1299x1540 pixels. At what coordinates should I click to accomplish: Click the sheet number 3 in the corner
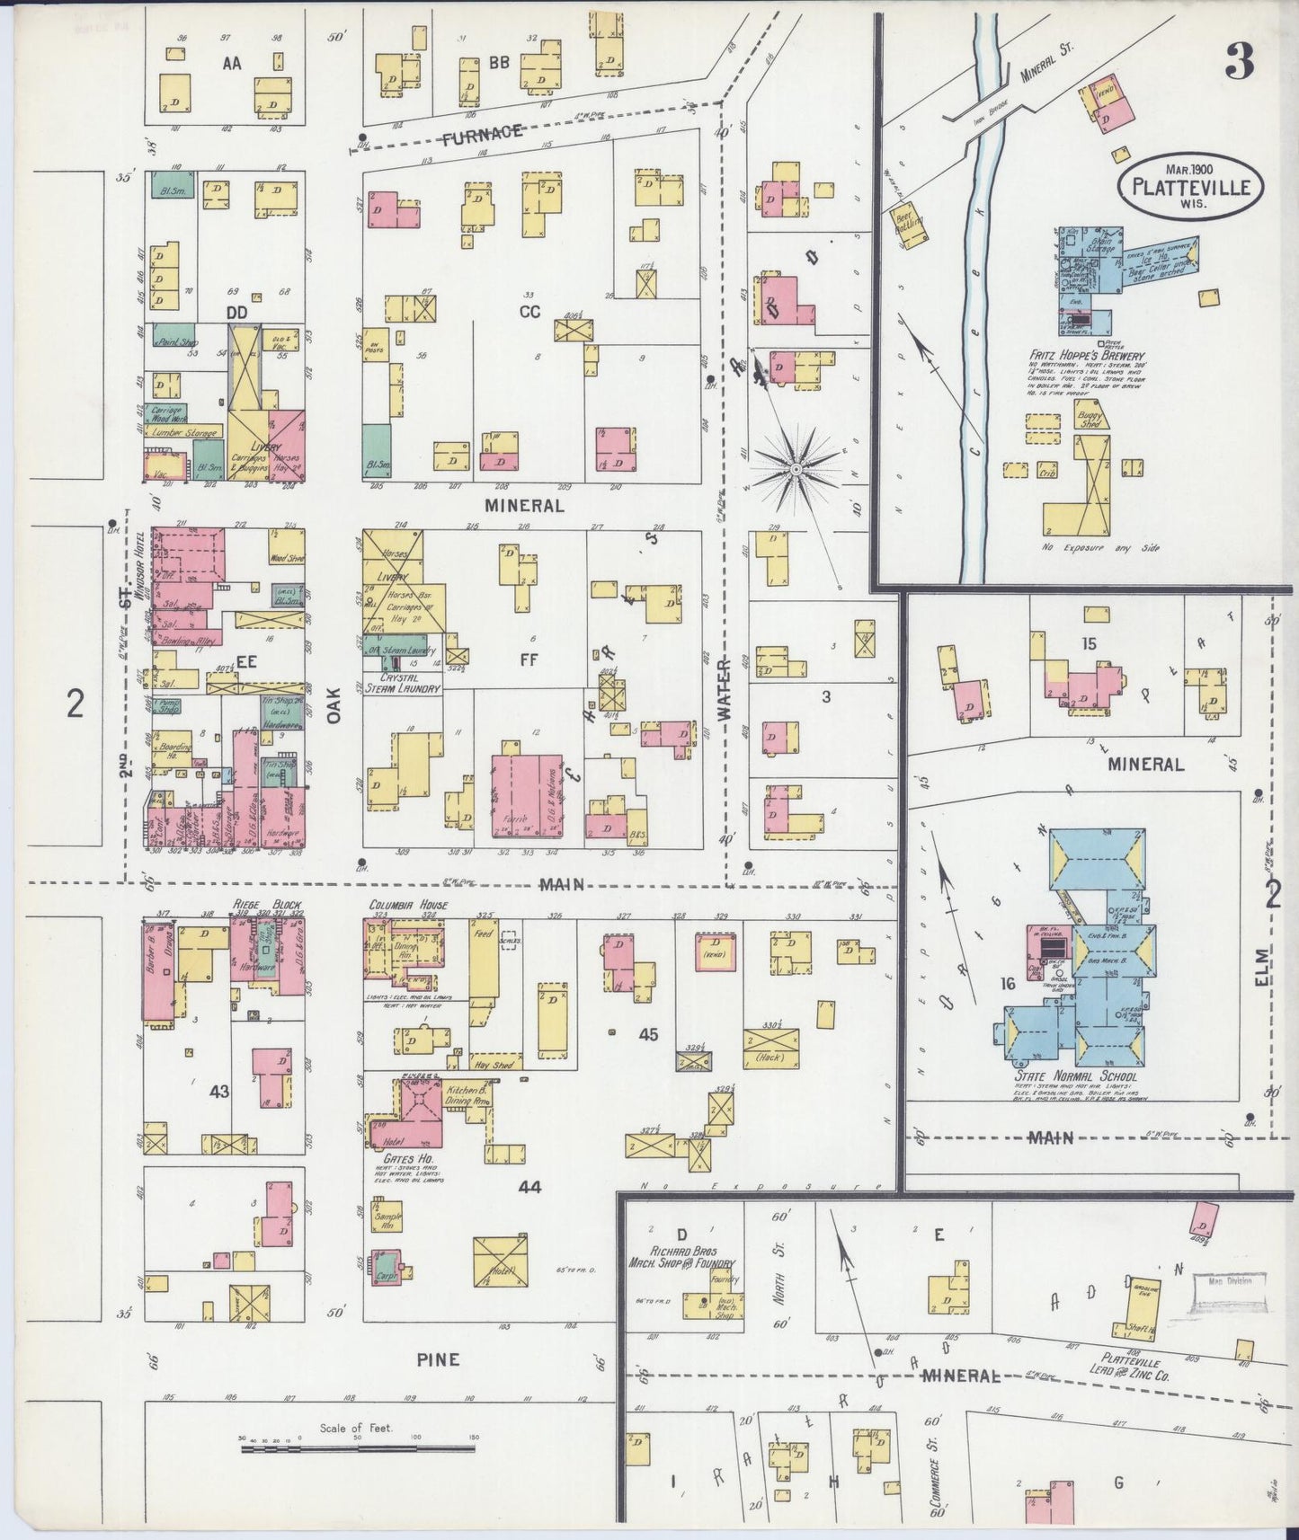(1241, 61)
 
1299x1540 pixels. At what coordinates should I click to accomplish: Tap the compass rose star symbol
(796, 468)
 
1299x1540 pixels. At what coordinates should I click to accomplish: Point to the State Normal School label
(1088, 1076)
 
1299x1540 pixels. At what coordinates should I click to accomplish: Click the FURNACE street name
(483, 134)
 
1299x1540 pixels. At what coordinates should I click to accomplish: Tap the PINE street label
(438, 1359)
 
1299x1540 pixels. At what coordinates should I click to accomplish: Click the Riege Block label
(266, 904)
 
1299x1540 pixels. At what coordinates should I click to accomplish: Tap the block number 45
(648, 1034)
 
